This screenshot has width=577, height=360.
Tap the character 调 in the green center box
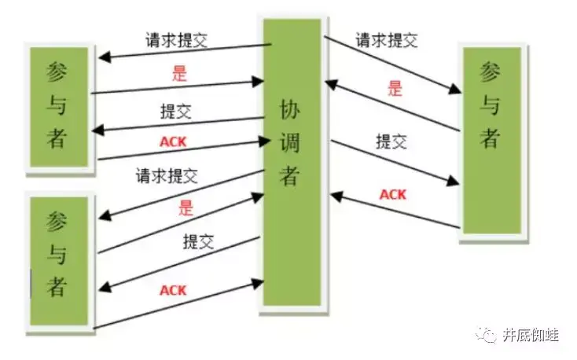(289, 142)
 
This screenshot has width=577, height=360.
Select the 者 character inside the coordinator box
(289, 176)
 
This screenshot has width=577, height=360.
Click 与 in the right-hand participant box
(491, 105)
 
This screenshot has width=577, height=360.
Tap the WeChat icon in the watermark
(489, 336)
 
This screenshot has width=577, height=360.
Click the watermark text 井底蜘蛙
(531, 336)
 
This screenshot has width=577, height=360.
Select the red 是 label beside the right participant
(394, 88)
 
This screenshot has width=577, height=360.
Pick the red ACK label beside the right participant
(393, 194)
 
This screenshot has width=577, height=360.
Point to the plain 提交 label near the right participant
(391, 142)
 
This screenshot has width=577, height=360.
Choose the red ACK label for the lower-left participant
(173, 290)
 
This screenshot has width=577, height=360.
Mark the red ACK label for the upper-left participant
(173, 141)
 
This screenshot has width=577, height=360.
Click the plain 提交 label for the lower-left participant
(198, 241)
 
